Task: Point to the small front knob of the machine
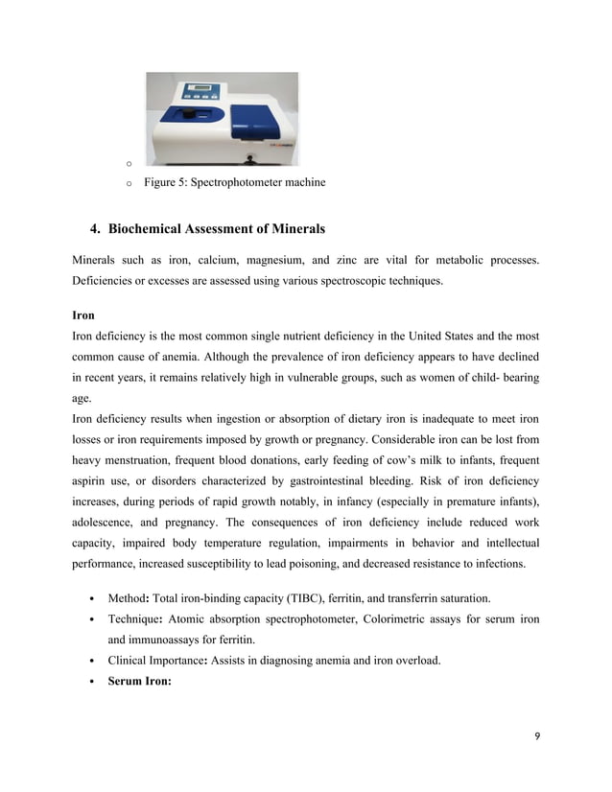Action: (250, 157)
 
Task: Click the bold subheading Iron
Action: (83, 314)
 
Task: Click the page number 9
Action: (536, 735)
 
